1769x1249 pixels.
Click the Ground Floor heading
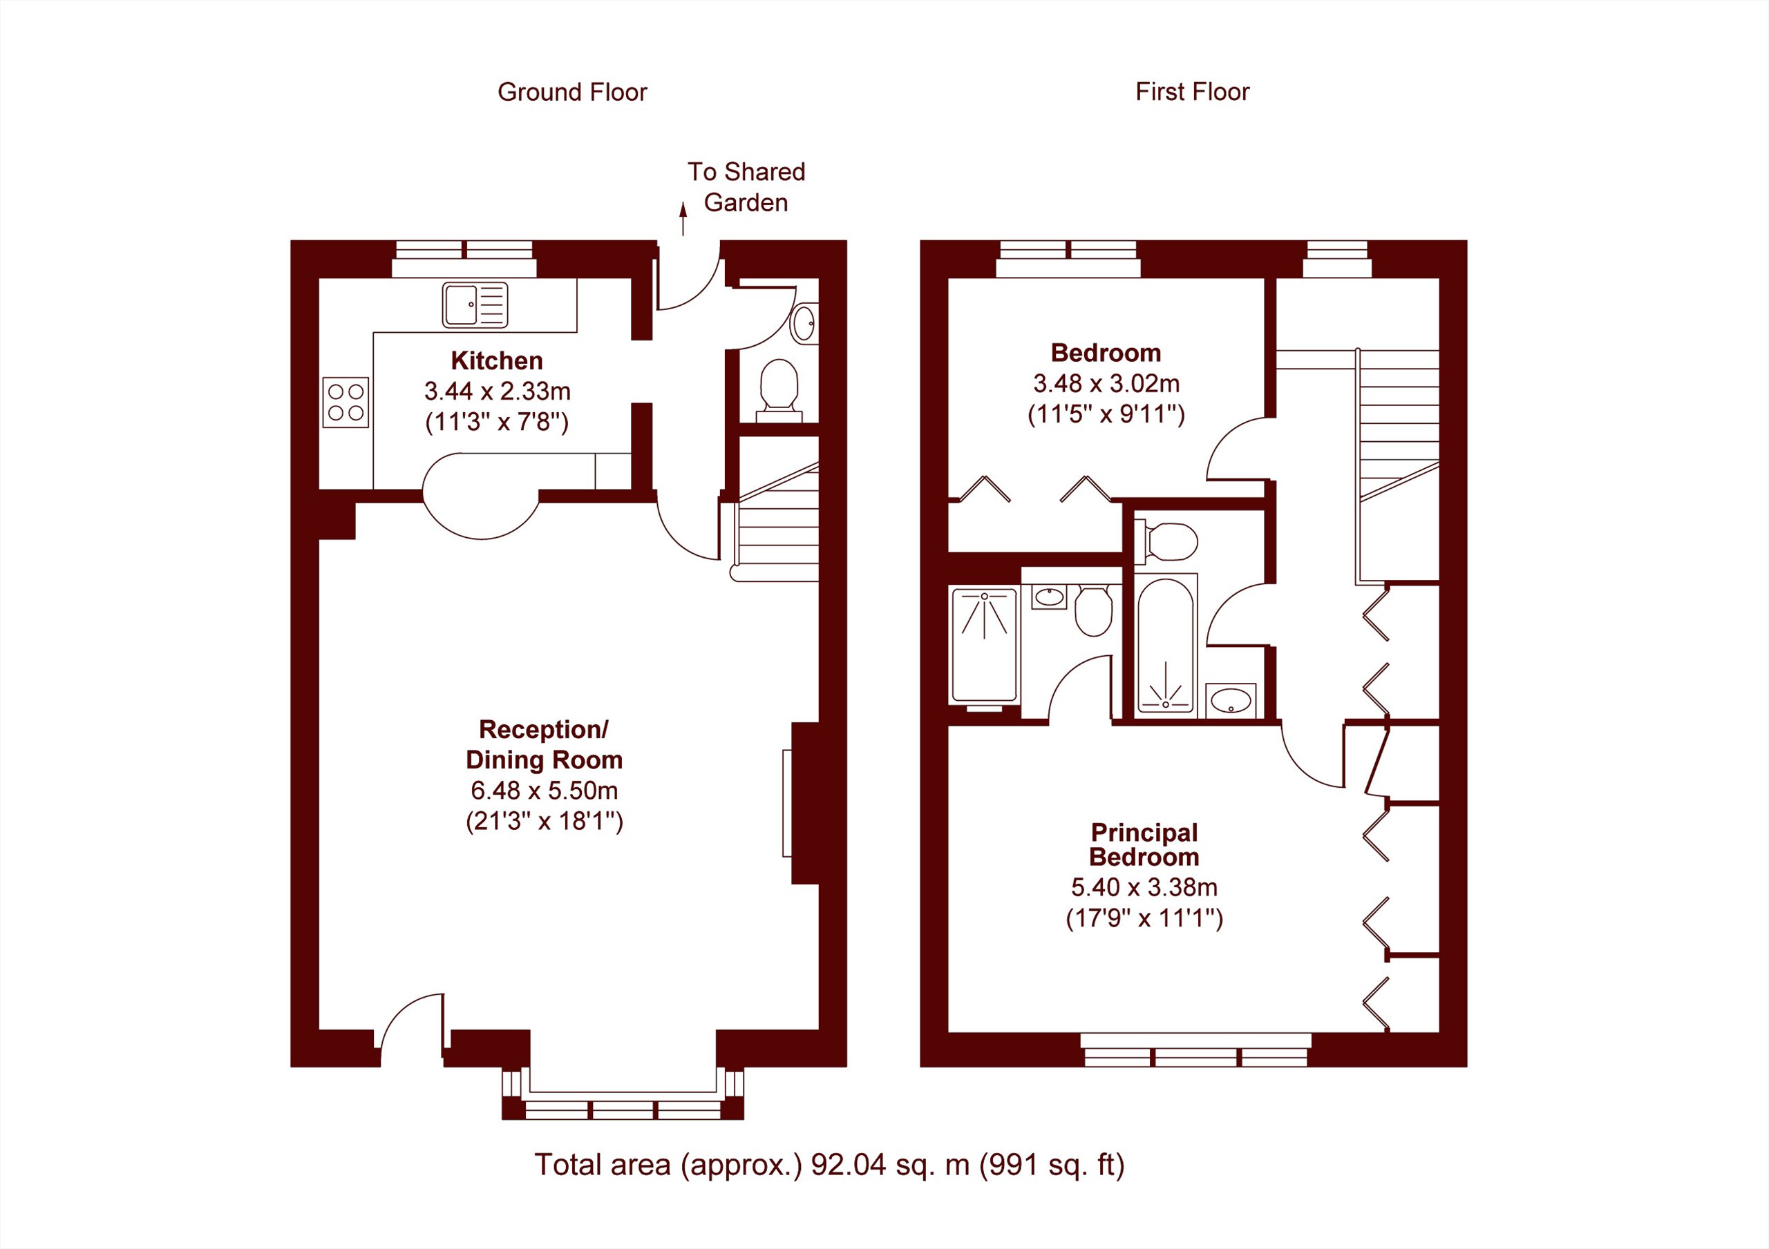[x=572, y=93]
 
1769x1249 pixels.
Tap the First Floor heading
[x=1192, y=93]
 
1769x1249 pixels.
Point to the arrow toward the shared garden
[x=683, y=218]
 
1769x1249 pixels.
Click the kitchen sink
[x=475, y=305]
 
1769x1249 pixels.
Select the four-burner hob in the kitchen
[x=346, y=402]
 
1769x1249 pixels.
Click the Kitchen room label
[x=497, y=360]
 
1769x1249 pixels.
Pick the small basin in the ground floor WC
[x=805, y=323]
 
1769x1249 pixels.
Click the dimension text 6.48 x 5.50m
[x=544, y=791]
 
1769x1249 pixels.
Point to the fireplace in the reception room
[x=804, y=803]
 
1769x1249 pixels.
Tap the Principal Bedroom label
[x=1144, y=844]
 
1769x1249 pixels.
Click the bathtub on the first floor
[x=1166, y=646]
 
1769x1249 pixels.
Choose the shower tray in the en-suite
[x=985, y=646]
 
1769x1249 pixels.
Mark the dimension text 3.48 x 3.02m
[x=1106, y=383]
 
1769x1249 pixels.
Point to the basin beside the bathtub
[x=1231, y=701]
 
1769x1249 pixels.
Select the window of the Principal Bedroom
[x=1195, y=1050]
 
